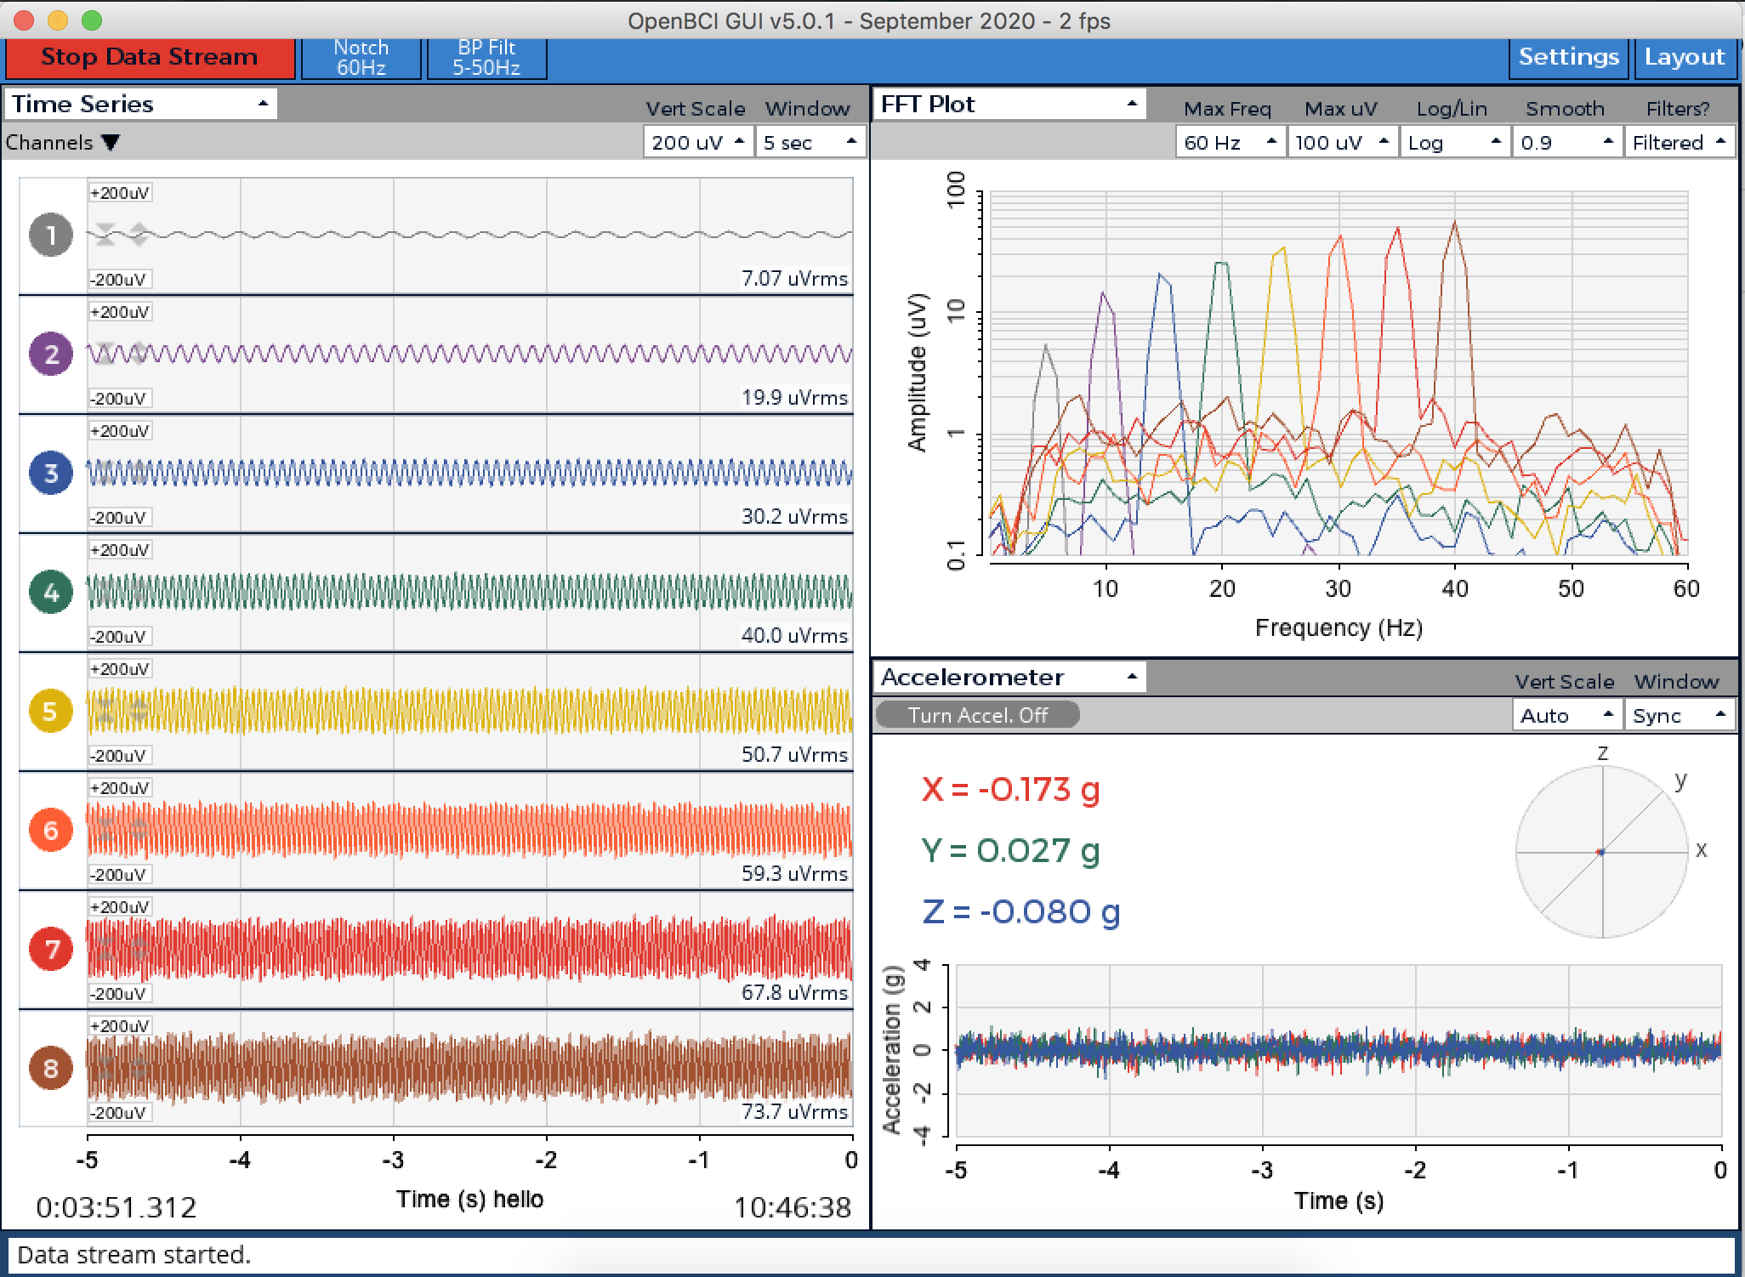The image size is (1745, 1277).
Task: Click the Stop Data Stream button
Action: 150,58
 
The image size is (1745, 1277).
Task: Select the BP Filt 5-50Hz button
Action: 486,58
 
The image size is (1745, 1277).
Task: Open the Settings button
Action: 1568,58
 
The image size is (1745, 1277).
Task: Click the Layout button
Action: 1684,58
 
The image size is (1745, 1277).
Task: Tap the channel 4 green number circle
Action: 51,592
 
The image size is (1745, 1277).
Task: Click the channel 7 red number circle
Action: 51,949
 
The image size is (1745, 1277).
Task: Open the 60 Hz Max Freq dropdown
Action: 1230,143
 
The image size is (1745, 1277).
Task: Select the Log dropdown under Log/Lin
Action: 1453,143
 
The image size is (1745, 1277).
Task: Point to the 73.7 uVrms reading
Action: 794,1112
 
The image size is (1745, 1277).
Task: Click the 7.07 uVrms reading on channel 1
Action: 794,279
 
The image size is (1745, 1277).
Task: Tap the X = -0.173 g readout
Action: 1010,790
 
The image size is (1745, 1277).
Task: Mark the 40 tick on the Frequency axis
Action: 1455,588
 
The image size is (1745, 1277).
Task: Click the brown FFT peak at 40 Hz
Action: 1455,224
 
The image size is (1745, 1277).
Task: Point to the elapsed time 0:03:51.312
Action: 117,1207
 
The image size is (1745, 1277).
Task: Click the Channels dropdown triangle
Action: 111,143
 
